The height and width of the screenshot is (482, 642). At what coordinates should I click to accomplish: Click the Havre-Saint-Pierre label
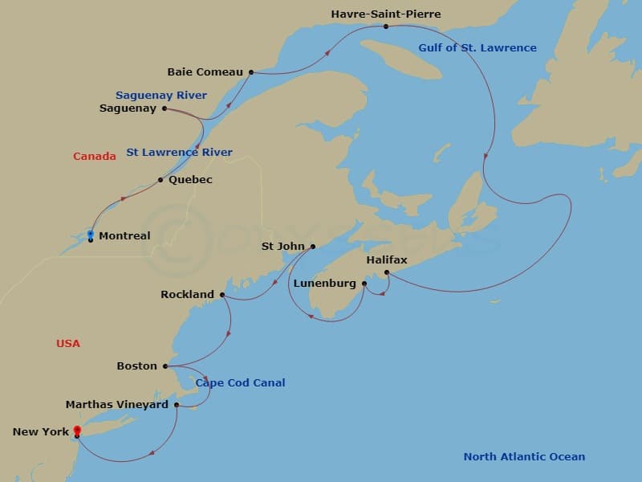[x=386, y=14]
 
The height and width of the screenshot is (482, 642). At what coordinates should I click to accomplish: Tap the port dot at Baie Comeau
[x=251, y=72]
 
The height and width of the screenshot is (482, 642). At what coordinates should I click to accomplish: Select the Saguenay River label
[x=161, y=95]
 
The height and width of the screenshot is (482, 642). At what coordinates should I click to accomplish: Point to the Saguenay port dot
[x=164, y=108]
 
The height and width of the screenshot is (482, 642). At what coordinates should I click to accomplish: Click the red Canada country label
[x=95, y=156]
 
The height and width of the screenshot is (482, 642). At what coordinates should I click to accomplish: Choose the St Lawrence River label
[x=180, y=152]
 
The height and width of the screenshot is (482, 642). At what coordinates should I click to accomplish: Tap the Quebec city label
[x=190, y=180]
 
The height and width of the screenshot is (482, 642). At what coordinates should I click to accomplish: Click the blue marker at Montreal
[x=90, y=234]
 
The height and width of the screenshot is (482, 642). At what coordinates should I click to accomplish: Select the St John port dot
[x=313, y=247]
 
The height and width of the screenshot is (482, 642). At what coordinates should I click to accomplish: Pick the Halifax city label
[x=387, y=260]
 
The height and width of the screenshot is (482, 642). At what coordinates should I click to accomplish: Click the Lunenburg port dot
[x=364, y=284]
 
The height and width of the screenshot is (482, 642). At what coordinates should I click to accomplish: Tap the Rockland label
[x=187, y=295]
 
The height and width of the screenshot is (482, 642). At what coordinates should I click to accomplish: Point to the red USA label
[x=68, y=343]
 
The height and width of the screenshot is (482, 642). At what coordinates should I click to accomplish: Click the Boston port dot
[x=166, y=366]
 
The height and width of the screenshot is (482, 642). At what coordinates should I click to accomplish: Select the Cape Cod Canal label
[x=240, y=383]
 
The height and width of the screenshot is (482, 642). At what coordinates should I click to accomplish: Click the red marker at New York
[x=76, y=431]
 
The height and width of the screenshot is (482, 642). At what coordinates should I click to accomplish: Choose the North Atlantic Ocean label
[x=524, y=456]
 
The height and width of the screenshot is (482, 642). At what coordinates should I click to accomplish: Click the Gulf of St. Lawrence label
[x=477, y=48]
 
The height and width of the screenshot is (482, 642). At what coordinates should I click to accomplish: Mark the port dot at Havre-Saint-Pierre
[x=386, y=27]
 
